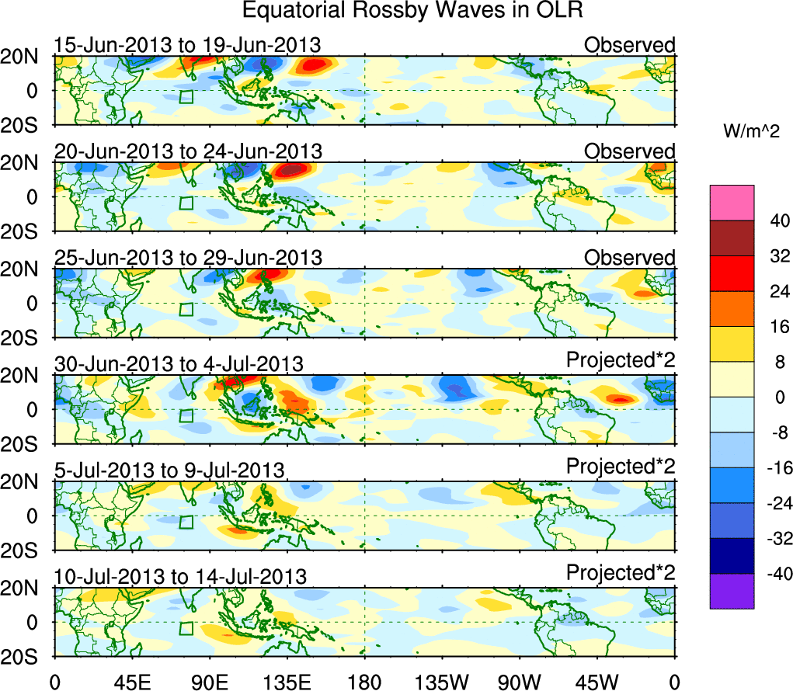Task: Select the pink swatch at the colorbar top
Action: [x=731, y=203]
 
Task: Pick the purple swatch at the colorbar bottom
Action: [x=731, y=591]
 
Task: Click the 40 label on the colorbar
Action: [x=772, y=220]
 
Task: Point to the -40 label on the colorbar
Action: [x=770, y=574]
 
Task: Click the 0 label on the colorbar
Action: [x=772, y=397]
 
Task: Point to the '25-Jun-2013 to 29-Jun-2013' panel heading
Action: [x=188, y=257]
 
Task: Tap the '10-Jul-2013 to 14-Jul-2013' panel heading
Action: [x=180, y=577]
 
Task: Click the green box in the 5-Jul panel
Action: [x=186, y=522]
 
